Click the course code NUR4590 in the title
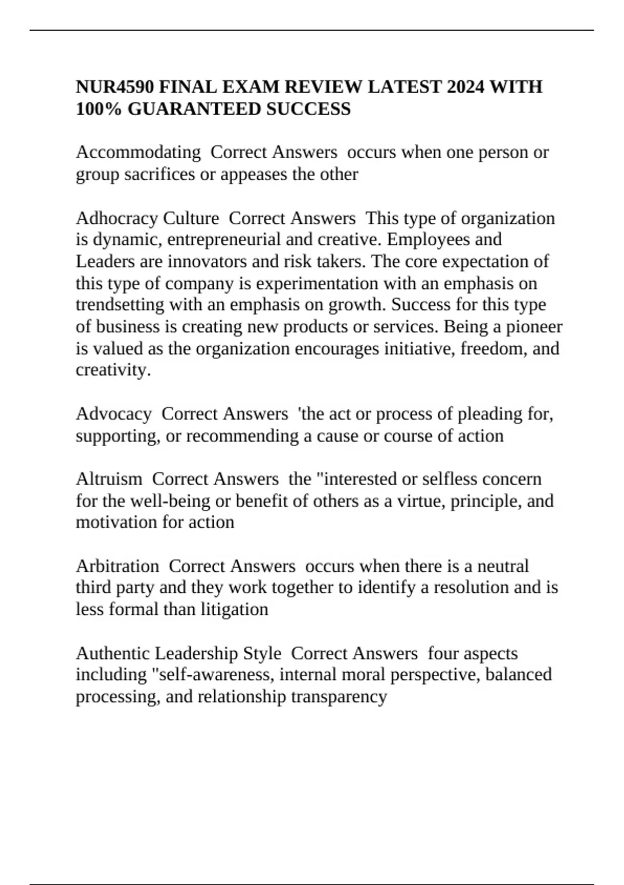114,86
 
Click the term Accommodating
138,153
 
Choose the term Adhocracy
117,218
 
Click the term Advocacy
113,414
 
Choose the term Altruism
109,479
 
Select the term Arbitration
118,566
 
